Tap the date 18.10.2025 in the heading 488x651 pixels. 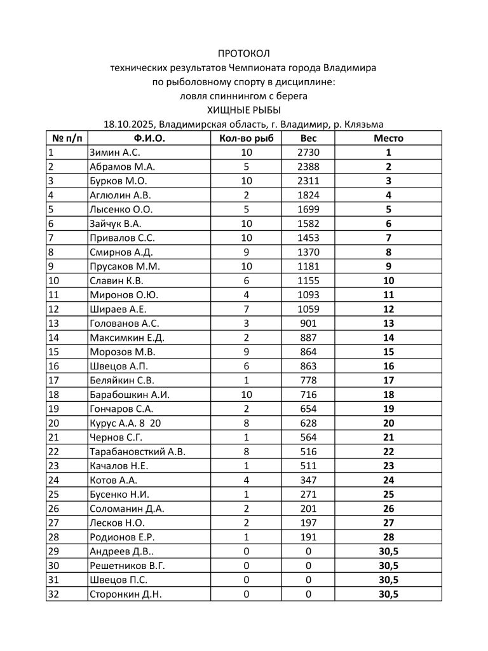[x=130, y=125]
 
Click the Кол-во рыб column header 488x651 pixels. [x=246, y=138]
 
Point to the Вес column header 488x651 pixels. [x=308, y=138]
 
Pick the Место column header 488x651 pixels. [x=388, y=138]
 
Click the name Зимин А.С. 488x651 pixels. [x=115, y=153]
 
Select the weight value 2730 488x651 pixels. [x=308, y=153]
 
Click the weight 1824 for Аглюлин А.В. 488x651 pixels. [x=308, y=195]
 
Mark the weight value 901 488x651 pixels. [x=308, y=324]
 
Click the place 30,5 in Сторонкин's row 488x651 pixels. [x=388, y=594]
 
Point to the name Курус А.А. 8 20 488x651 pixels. [x=125, y=423]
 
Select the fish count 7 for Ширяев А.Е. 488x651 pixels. [x=246, y=309]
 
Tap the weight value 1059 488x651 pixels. [x=308, y=309]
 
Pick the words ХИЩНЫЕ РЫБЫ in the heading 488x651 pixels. [x=243, y=110]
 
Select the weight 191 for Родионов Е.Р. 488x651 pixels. [x=308, y=537]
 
